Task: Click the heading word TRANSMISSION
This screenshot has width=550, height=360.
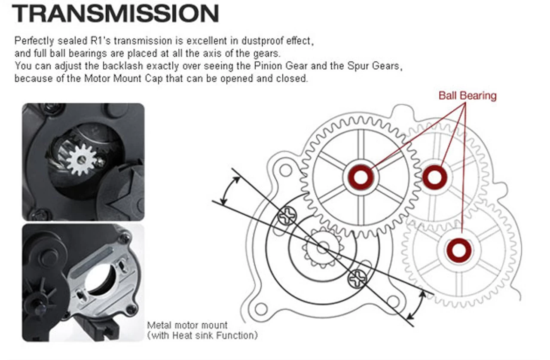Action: pyautogui.click(x=115, y=14)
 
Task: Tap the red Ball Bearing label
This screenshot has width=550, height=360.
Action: pyautogui.click(x=467, y=95)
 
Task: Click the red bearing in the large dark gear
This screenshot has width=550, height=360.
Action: pyautogui.click(x=361, y=177)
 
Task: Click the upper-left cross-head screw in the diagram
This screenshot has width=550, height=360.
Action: pyautogui.click(x=287, y=215)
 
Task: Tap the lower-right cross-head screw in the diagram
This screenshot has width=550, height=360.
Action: pyautogui.click(x=357, y=280)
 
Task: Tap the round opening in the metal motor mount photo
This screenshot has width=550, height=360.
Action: pyautogui.click(x=101, y=281)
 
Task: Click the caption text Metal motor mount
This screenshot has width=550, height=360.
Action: pyautogui.click(x=187, y=325)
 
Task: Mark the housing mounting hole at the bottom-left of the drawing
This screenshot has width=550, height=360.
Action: pyautogui.click(x=260, y=308)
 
